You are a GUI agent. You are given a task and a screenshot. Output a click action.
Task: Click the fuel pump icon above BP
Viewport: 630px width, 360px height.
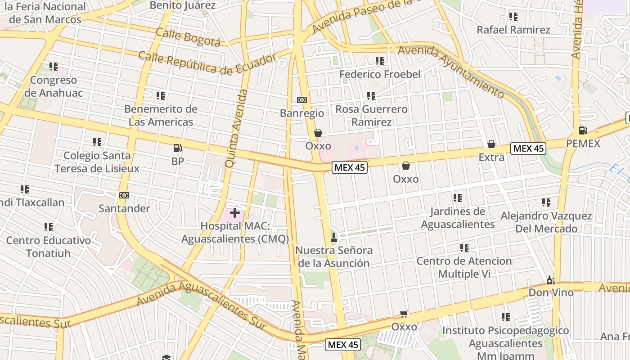(x=177, y=148)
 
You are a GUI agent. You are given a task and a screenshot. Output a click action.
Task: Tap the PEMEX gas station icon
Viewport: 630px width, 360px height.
(x=583, y=130)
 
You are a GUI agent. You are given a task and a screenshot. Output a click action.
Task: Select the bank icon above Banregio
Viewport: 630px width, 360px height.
(x=301, y=100)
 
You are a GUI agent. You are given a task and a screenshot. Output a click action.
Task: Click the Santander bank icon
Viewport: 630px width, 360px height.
(x=124, y=195)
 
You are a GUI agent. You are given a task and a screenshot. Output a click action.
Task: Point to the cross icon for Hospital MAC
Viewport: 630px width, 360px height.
(x=235, y=212)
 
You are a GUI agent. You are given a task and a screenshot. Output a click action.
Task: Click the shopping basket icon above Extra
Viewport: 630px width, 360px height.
(x=491, y=144)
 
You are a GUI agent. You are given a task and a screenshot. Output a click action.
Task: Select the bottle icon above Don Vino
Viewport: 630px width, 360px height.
(x=551, y=280)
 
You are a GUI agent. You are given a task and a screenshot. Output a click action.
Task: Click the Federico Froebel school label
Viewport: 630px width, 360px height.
(x=380, y=74)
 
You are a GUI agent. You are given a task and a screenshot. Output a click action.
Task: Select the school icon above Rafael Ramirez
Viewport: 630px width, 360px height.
(x=513, y=17)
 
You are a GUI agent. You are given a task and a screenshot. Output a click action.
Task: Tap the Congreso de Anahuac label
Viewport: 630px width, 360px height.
(x=54, y=86)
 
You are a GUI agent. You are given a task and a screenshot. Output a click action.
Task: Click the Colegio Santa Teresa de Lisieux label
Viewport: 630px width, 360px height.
(x=97, y=162)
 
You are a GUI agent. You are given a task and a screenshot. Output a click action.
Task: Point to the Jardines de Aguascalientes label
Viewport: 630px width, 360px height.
(x=458, y=218)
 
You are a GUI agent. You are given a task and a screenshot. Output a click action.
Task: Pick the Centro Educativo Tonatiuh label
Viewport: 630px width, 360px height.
(x=49, y=247)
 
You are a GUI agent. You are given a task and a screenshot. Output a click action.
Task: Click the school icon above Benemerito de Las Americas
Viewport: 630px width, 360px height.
(x=161, y=95)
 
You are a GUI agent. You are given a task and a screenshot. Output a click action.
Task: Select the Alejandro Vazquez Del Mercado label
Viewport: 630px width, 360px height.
(x=546, y=222)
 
